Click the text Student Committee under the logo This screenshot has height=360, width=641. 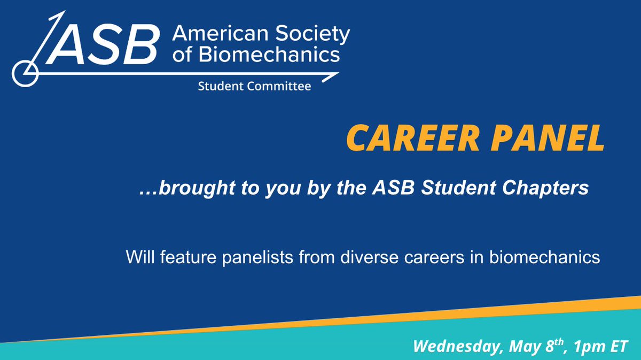click(254, 86)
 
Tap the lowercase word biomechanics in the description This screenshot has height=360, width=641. click(545, 257)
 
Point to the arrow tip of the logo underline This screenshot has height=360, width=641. click(338, 75)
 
